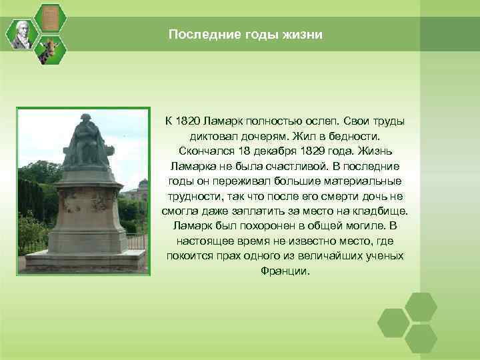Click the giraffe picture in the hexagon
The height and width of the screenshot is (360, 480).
click(50, 49)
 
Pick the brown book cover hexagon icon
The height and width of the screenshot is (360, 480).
click(50, 18)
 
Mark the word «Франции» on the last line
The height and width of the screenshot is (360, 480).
click(287, 271)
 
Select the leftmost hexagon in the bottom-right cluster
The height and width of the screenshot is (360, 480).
click(393, 323)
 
